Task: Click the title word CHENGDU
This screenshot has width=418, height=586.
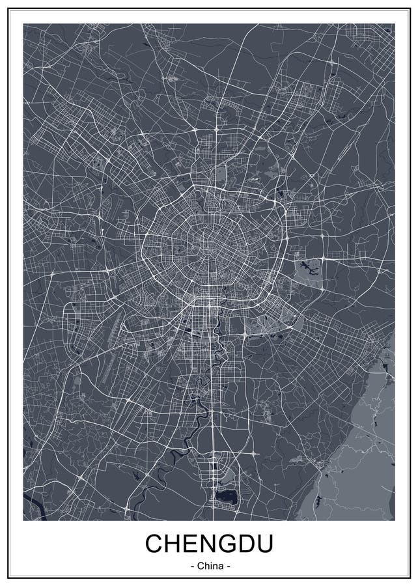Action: (x=209, y=543)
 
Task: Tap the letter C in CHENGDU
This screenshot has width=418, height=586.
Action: (x=155, y=543)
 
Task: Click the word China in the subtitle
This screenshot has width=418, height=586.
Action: (x=210, y=566)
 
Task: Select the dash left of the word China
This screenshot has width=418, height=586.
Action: (x=193, y=566)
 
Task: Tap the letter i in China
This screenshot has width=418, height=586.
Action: (x=210, y=566)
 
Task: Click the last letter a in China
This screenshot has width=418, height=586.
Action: (x=220, y=566)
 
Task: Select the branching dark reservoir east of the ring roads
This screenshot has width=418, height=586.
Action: (x=307, y=266)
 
